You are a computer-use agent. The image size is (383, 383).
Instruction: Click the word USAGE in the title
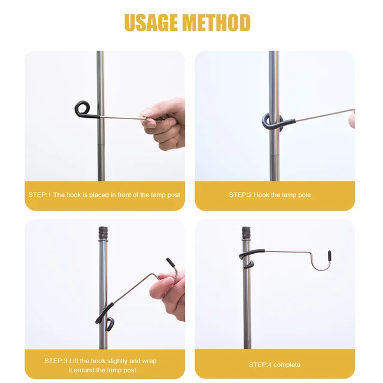(x=151, y=22)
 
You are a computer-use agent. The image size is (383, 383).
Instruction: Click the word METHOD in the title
(x=216, y=22)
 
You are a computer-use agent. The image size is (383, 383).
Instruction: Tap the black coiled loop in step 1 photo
(x=84, y=110)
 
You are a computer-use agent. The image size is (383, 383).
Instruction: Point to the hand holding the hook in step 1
(x=163, y=123)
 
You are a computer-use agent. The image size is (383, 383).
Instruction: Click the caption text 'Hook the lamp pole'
(x=282, y=195)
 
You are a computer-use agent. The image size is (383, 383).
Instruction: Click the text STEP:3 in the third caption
(x=57, y=361)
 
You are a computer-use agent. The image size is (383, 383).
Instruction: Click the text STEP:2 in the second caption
(x=240, y=195)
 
